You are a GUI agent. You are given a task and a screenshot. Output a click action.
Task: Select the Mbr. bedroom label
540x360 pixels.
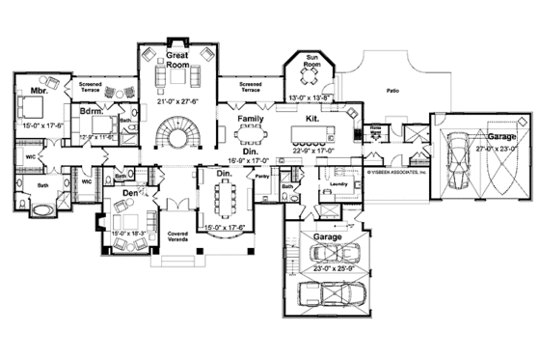coord(39,91)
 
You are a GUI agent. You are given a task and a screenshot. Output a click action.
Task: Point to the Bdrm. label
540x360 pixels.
coord(92,112)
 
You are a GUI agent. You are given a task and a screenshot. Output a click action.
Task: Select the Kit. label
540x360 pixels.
coord(312,119)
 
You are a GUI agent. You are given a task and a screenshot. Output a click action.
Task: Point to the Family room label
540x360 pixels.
coord(251,119)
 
